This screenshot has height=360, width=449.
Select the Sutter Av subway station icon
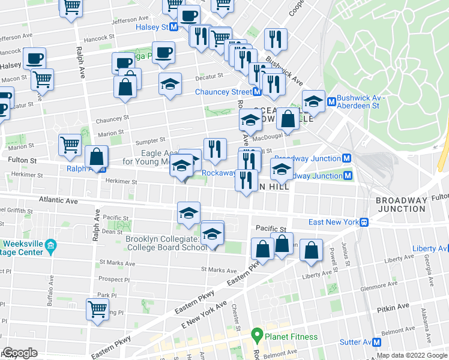377,342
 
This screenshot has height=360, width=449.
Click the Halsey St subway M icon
173,28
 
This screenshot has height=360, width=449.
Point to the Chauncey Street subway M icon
256,92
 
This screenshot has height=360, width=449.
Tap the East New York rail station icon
364,222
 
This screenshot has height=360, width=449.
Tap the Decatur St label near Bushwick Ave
211,76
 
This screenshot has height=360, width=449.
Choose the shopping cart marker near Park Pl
97,310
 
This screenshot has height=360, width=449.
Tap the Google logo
20,353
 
